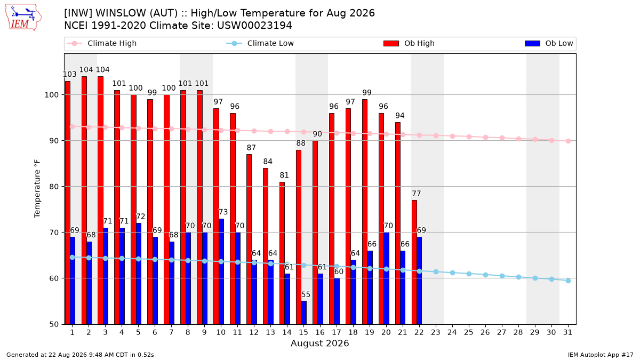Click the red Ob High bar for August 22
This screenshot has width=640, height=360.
(x=414, y=262)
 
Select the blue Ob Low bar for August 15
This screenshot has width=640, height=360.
(x=303, y=313)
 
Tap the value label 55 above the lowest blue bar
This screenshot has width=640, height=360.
(x=306, y=294)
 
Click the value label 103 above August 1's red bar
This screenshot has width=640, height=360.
(x=70, y=74)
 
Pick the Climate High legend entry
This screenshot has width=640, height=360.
(x=102, y=43)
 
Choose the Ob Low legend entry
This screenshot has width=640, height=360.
(x=549, y=43)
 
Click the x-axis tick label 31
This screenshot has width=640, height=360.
(x=567, y=332)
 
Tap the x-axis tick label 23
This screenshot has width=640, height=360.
(x=435, y=332)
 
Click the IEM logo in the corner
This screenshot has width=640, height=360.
(x=23, y=18)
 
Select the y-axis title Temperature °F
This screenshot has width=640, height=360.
(x=37, y=189)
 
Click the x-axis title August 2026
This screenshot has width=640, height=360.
(x=319, y=343)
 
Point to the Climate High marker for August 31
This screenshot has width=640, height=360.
(x=568, y=141)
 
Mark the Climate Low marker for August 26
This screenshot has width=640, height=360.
(x=485, y=275)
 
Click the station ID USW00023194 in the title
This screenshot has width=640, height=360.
(x=254, y=26)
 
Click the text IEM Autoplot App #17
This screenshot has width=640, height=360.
(x=601, y=355)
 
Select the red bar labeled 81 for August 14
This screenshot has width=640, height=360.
(x=282, y=253)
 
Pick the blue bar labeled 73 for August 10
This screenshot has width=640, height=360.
(x=221, y=271)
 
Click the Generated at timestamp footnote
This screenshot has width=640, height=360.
(x=80, y=355)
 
